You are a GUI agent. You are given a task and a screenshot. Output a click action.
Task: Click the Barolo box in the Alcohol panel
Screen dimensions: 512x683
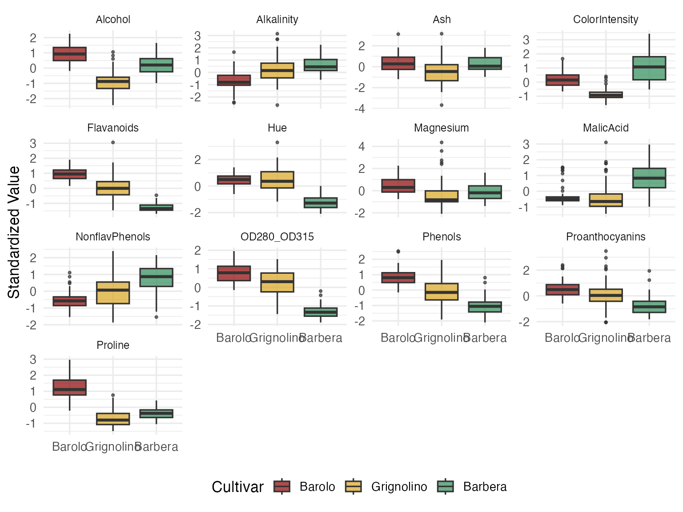tap(69, 54)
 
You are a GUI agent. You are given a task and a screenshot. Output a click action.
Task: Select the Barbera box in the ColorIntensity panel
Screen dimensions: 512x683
tap(649, 68)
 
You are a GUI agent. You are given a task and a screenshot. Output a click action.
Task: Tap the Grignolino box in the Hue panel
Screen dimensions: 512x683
tap(277, 180)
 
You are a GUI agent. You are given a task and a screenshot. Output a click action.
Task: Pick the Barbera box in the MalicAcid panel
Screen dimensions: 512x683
tap(649, 178)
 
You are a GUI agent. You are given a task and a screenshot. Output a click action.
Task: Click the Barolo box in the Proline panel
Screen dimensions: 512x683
tap(69, 388)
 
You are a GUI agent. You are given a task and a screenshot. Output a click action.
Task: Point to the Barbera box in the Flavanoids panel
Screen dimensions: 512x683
tap(156, 208)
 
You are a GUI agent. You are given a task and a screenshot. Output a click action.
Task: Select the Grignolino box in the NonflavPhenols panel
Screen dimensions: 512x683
tap(113, 292)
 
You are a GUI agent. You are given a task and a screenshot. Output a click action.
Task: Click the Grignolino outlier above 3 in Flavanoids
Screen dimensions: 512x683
tap(113, 143)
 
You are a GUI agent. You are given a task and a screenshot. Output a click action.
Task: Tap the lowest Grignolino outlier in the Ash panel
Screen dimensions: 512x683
tap(442, 105)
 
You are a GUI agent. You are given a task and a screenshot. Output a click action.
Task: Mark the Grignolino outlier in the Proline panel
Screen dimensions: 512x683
tap(113, 395)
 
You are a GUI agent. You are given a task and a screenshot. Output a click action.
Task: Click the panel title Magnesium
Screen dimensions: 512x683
tap(441, 128)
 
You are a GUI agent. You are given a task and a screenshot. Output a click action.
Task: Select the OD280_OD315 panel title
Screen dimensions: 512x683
tap(277, 237)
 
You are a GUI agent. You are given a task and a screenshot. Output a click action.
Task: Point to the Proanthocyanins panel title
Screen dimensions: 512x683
tap(605, 237)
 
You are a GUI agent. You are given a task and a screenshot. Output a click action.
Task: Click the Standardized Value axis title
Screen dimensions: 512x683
tap(14, 232)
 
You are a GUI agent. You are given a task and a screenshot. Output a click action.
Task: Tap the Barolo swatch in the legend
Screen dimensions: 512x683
tap(282, 487)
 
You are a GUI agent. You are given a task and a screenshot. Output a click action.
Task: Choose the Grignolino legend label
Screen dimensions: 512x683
tap(399, 487)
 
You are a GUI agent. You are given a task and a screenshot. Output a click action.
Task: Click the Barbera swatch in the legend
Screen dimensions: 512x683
tap(445, 487)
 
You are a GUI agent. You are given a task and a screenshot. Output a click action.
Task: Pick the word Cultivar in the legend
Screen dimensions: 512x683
tap(237, 487)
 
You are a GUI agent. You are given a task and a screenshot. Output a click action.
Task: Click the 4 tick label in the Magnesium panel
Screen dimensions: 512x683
tap(361, 147)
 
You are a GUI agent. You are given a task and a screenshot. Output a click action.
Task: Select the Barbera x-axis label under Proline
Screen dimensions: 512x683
tap(157, 447)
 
